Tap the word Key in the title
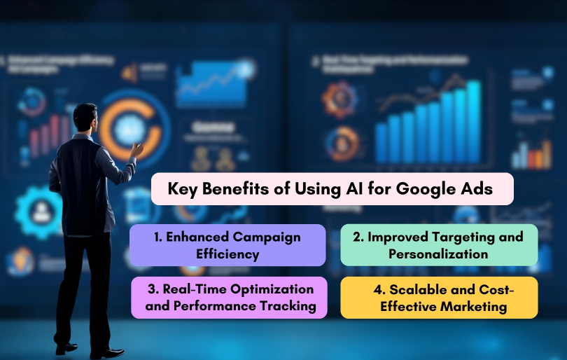pyautogui.click(x=183, y=189)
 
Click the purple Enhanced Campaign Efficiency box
pyautogui.click(x=227, y=245)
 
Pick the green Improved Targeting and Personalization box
pyautogui.click(x=439, y=245)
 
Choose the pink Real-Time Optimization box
pyautogui.click(x=229, y=298)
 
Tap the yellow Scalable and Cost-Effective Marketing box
pyautogui.click(x=439, y=298)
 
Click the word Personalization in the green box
pyautogui.click(x=439, y=254)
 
